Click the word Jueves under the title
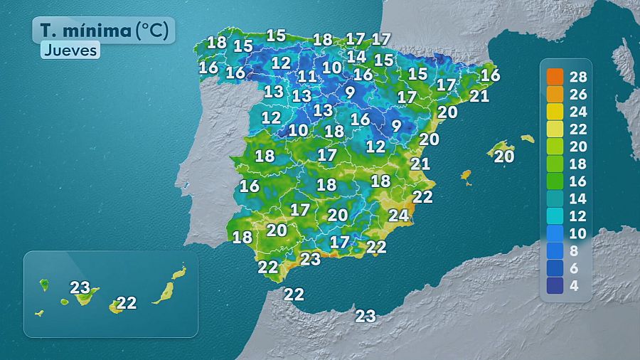click(70, 51)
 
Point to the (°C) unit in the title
click(154, 31)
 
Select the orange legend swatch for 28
click(555, 77)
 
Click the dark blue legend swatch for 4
click(555, 285)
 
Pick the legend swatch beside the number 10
click(555, 233)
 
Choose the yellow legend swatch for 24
click(555, 112)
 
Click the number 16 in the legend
click(578, 181)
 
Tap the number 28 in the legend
click(578, 77)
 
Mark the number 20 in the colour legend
click(578, 147)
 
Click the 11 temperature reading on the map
click(307, 76)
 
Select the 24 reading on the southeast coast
click(398, 215)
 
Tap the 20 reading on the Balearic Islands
click(503, 157)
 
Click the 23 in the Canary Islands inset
click(80, 288)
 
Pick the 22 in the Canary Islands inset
click(127, 302)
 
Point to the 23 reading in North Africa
click(366, 316)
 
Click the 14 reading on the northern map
click(356, 55)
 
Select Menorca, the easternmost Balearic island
click(527, 139)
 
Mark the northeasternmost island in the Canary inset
click(179, 272)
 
